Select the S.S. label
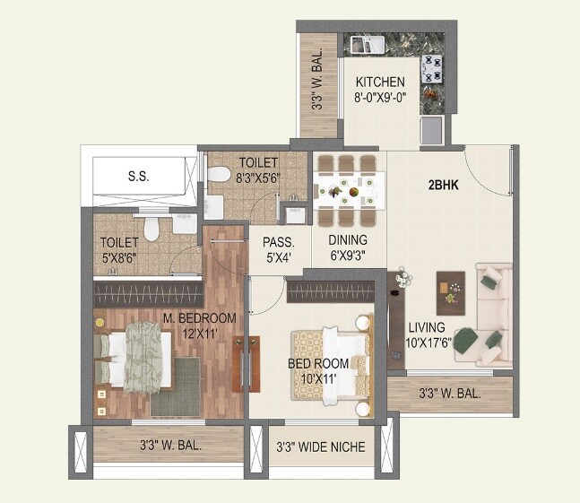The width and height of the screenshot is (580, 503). click(138, 177)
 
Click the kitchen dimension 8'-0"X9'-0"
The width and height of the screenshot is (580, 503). click(381, 98)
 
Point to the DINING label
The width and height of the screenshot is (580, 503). click(347, 240)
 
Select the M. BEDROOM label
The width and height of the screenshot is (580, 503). click(200, 318)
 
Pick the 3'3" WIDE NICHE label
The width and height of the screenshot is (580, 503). click(321, 447)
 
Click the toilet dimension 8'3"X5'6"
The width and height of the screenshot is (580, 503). click(259, 178)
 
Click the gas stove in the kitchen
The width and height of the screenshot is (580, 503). click(432, 65)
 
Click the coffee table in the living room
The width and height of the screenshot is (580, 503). click(451, 287)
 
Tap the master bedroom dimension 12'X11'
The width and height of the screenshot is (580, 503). click(200, 334)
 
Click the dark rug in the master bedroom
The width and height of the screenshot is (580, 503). click(176, 386)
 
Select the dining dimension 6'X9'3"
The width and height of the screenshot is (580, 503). click(347, 256)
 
